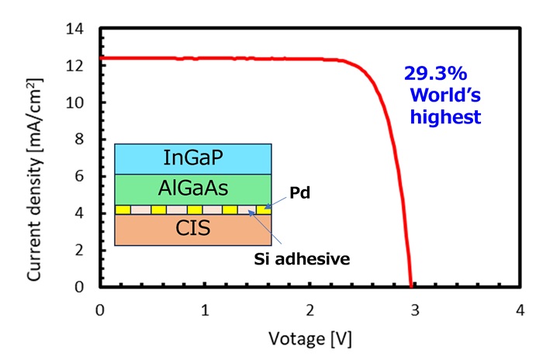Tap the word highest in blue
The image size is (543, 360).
click(447, 118)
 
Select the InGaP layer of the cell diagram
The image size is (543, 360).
click(193, 158)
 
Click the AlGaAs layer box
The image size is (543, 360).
click(193, 189)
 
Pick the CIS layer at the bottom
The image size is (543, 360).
click(193, 230)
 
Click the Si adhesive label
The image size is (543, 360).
click(301, 258)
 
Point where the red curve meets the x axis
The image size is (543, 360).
click(410, 287)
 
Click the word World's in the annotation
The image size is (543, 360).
click(443, 96)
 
